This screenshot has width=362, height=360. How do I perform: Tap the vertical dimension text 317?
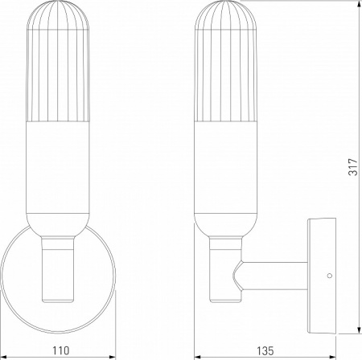pos(352,166)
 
